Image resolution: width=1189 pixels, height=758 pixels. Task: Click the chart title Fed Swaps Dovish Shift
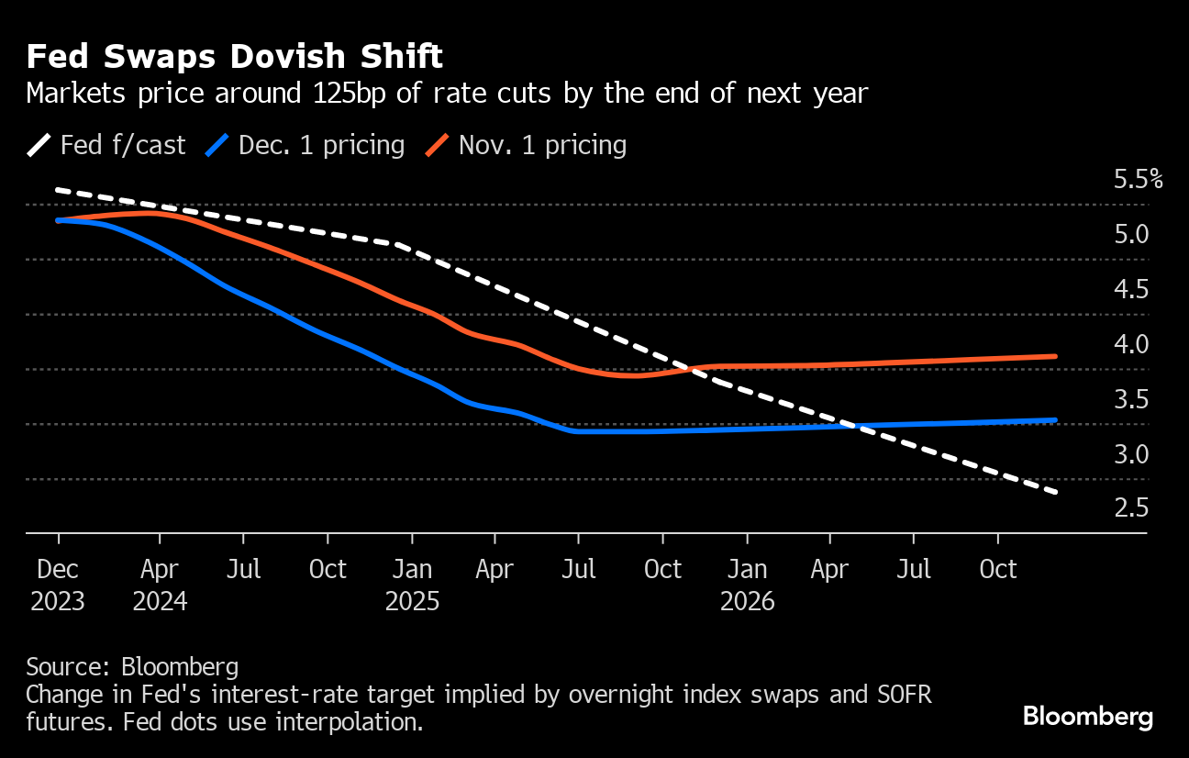pyautogui.click(x=235, y=58)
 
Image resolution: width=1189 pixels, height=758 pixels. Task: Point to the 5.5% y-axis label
pyautogui.click(x=1138, y=179)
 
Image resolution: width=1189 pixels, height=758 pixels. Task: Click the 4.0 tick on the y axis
pyautogui.click(x=1130, y=344)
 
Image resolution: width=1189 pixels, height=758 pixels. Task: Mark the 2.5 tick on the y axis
pyautogui.click(x=1130, y=507)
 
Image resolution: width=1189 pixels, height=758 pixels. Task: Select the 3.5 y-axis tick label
pyautogui.click(x=1130, y=399)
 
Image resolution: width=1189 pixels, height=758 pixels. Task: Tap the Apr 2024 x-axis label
pyautogui.click(x=161, y=585)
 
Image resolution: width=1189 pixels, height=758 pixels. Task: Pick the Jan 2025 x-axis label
pyautogui.click(x=412, y=585)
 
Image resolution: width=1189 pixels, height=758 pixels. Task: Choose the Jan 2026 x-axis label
pyautogui.click(x=747, y=585)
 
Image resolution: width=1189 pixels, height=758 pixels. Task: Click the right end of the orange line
pyautogui.click(x=1056, y=356)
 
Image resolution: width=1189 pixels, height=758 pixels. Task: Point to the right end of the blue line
pyautogui.click(x=1056, y=420)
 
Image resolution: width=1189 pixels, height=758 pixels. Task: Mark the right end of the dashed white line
pyautogui.click(x=1057, y=493)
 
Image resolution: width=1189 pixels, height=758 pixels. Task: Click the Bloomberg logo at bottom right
pyautogui.click(x=1087, y=717)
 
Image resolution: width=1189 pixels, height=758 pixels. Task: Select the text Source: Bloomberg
pyautogui.click(x=132, y=666)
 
